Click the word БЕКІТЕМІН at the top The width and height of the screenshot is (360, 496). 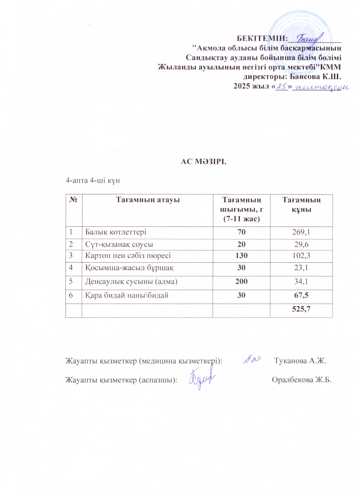(x=262, y=38)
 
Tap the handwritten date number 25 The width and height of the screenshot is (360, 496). (x=282, y=87)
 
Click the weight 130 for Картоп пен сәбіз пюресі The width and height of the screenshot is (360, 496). (x=241, y=255)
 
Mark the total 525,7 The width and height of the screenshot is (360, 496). (x=301, y=310)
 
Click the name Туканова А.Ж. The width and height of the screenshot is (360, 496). (x=300, y=361)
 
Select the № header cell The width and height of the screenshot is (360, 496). (x=73, y=199)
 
